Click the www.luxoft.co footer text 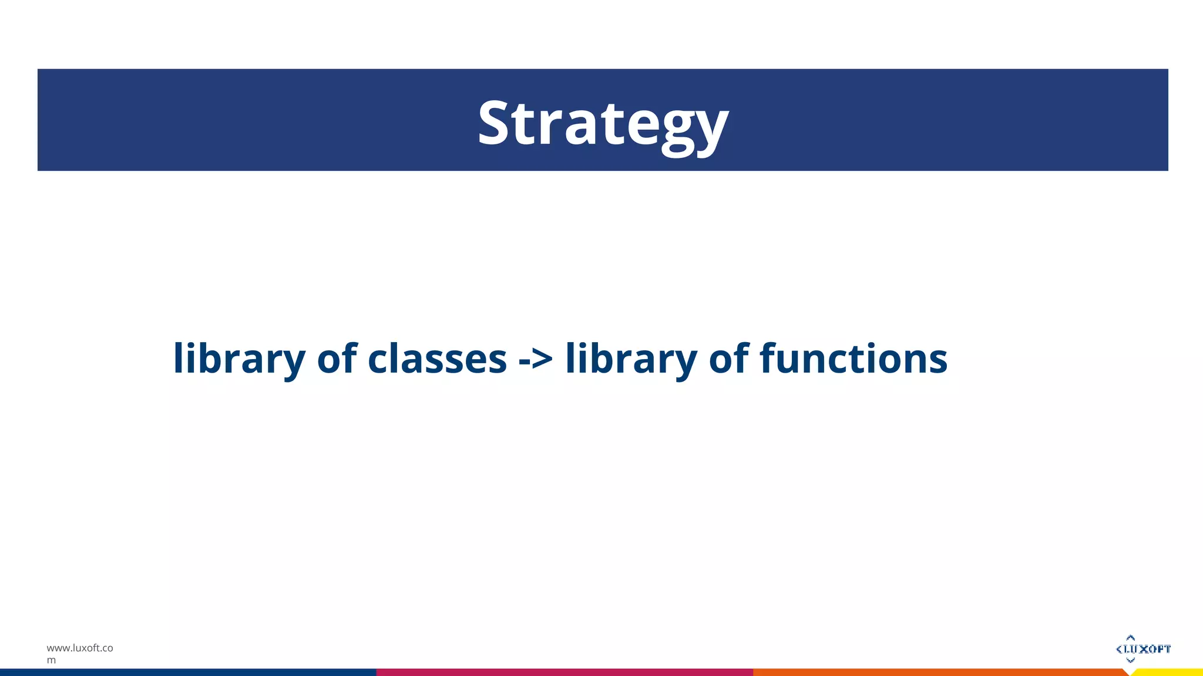coord(80,648)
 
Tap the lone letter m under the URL coord(51,660)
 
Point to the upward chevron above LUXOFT coord(1130,637)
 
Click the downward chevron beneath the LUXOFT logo coord(1130,660)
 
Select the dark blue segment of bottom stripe coord(188,672)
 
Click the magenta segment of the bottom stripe coord(564,672)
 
